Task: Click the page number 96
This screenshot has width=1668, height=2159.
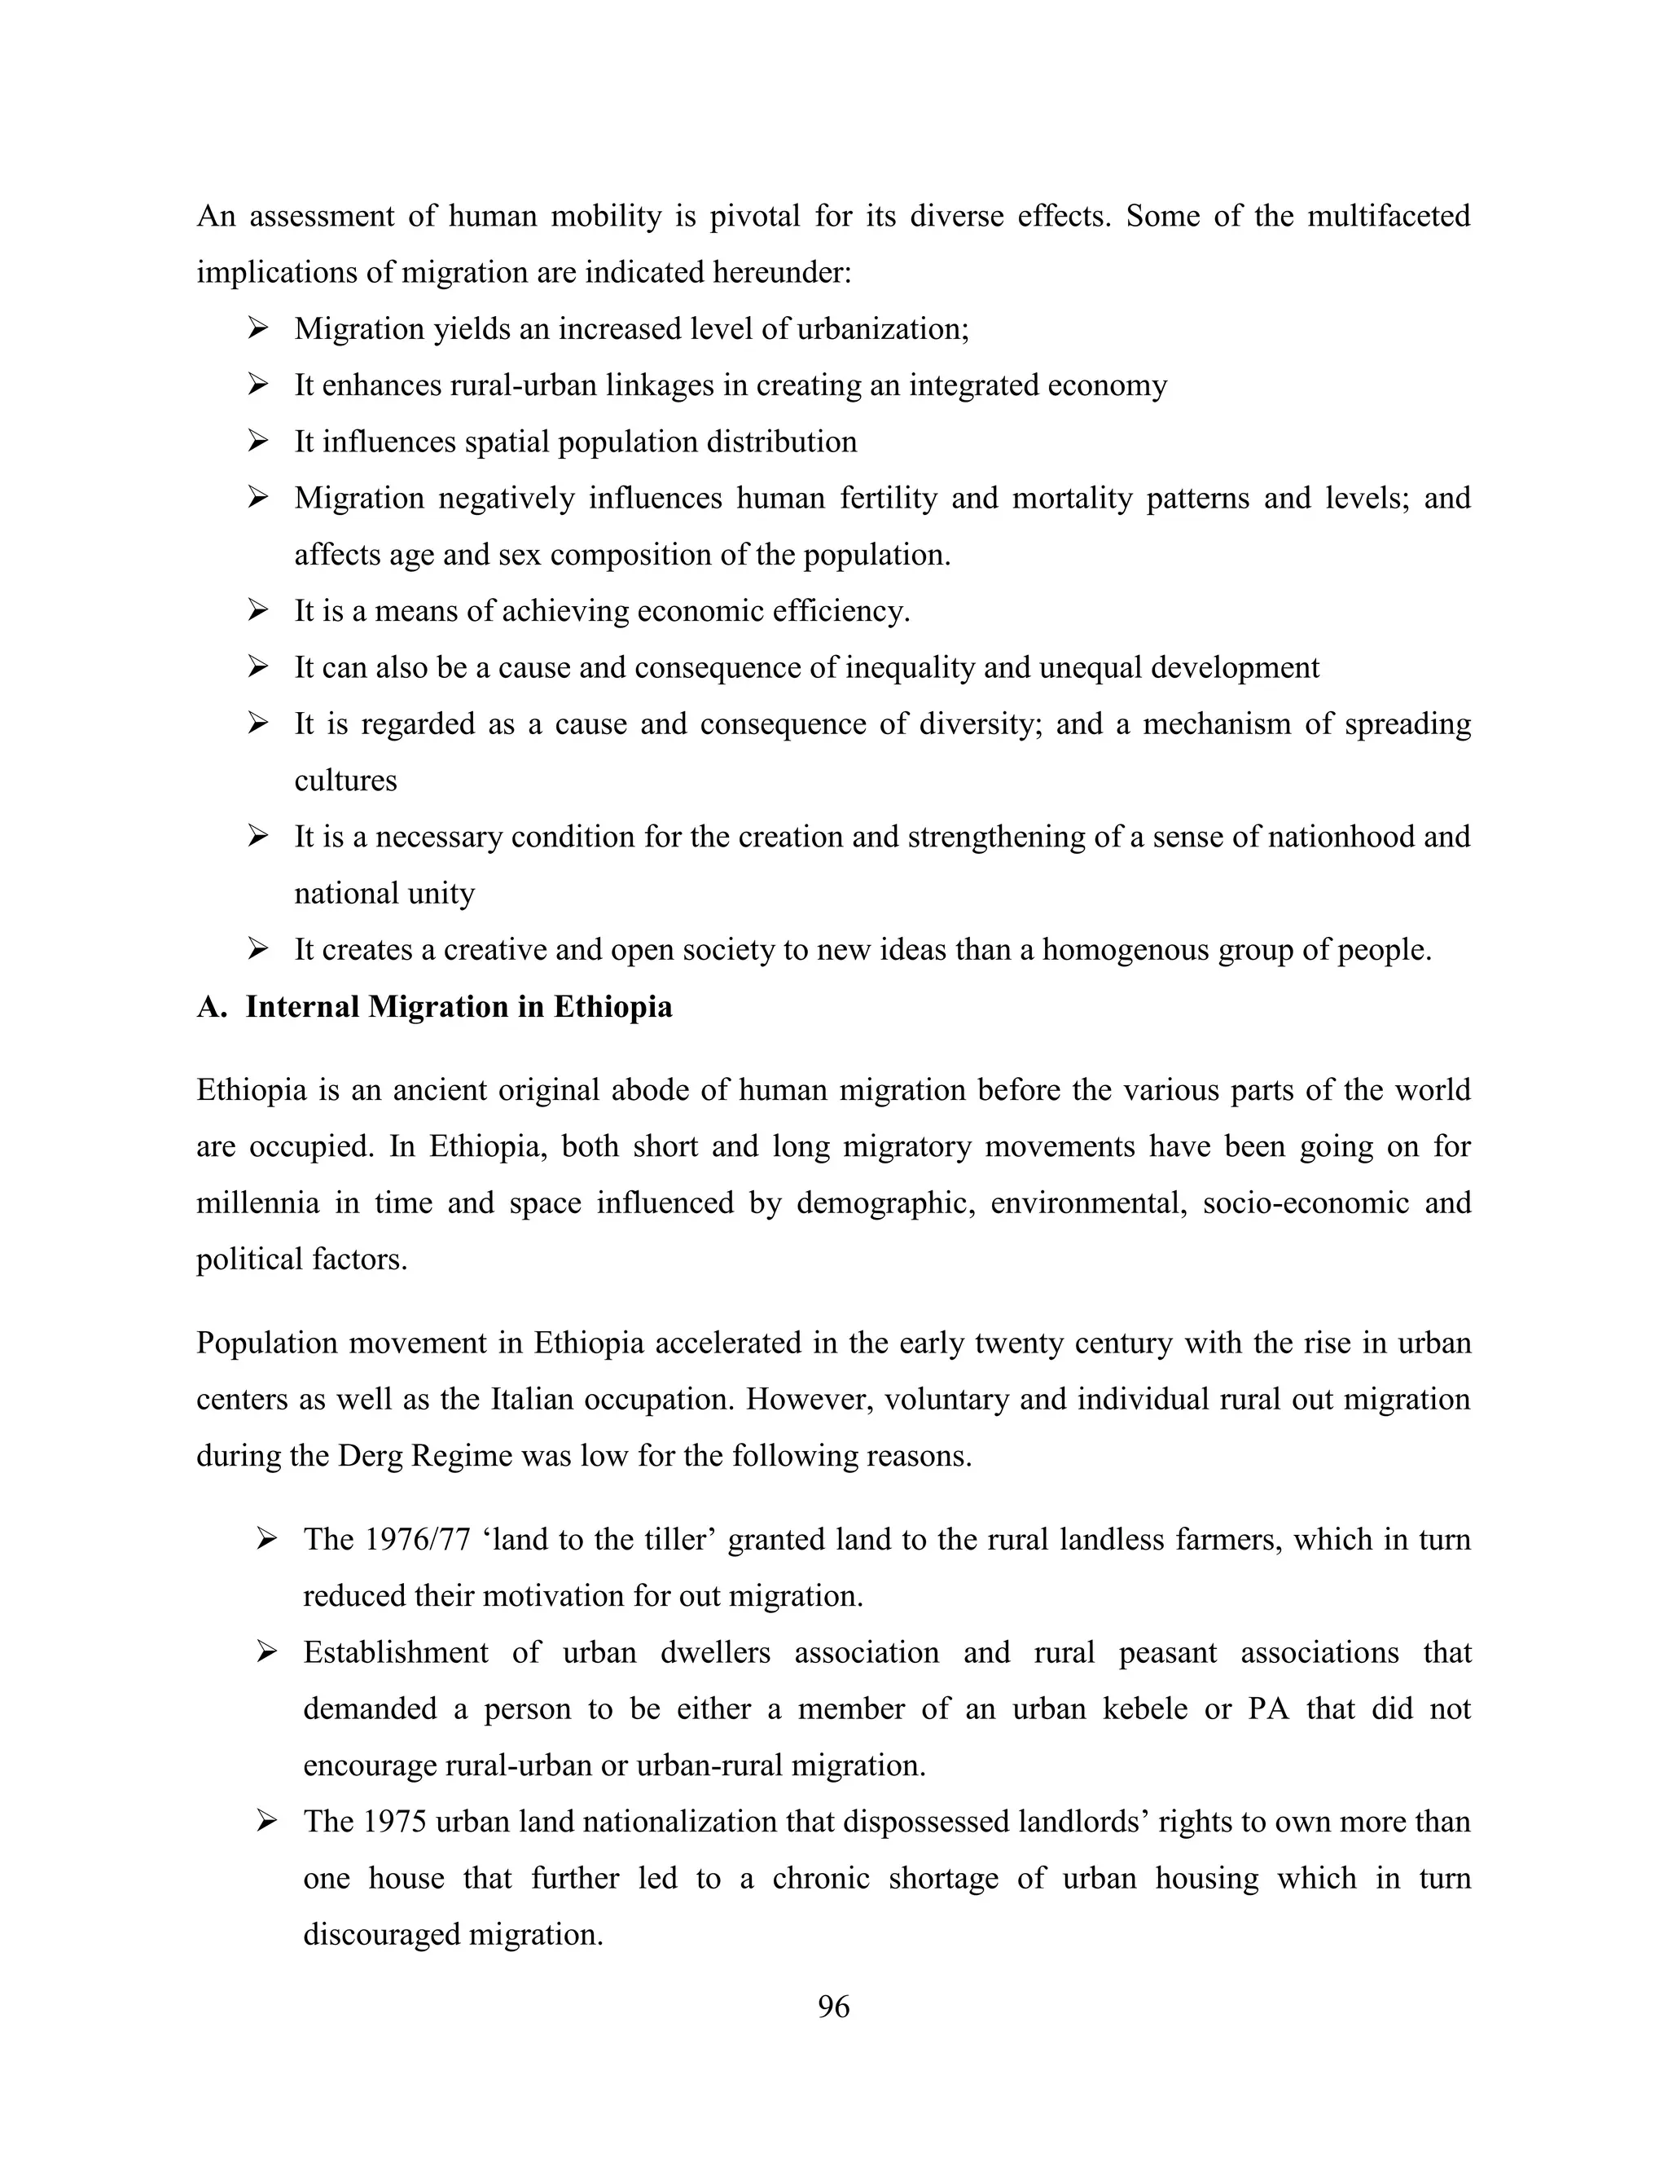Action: point(833,2006)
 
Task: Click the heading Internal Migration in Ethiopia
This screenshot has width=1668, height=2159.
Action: point(459,1006)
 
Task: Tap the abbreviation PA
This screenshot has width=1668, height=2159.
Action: point(1269,1708)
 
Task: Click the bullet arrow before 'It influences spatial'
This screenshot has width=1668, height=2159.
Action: point(259,441)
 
